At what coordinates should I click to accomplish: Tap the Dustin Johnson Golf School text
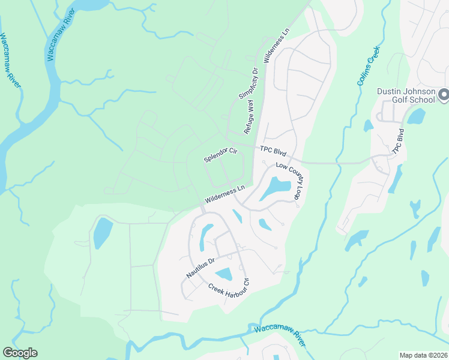405,95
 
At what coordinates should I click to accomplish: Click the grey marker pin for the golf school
444,95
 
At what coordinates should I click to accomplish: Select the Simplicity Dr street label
248,84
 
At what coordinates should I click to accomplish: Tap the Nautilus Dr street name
200,268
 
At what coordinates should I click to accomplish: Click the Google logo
20,353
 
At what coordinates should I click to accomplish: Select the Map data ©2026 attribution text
423,355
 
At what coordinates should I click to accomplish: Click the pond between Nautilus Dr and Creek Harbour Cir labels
223,274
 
